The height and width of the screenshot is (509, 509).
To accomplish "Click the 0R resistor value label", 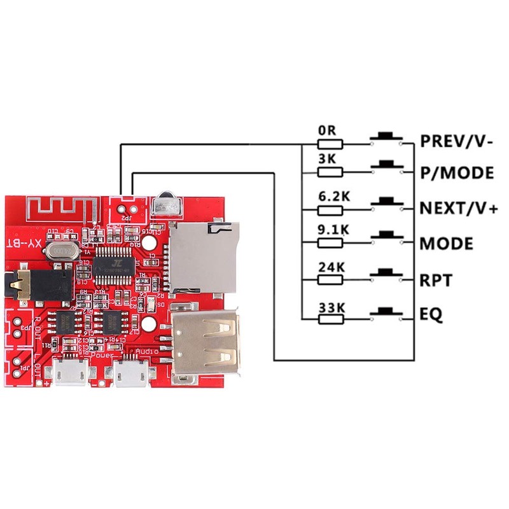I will click(326, 130).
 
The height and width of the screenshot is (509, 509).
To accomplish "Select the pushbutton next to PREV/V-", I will click(386, 139).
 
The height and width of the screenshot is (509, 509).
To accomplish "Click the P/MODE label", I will click(456, 172).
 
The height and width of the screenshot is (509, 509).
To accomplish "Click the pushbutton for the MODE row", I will click(386, 239).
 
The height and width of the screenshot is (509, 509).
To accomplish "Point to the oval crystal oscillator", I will click(60, 252).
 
